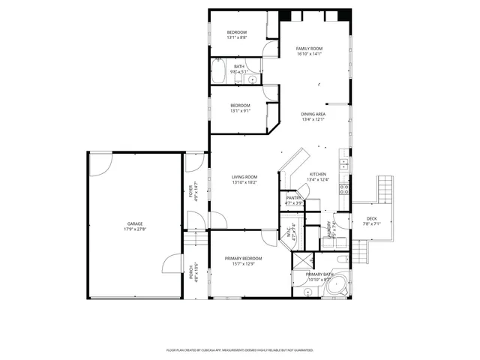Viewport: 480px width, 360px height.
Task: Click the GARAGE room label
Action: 135,223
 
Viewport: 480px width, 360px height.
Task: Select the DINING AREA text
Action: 313,113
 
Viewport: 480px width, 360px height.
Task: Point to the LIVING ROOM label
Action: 244,177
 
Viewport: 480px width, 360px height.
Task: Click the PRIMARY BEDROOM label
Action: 244,258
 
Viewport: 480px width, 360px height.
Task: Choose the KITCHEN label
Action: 318,174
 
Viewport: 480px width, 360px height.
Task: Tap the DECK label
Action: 372,218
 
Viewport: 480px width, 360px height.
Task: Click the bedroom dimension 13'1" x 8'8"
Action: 238,37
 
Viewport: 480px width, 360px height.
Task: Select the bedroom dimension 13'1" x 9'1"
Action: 240,110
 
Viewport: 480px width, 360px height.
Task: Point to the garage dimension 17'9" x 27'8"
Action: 135,229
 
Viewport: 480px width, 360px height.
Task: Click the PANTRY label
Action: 293,198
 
